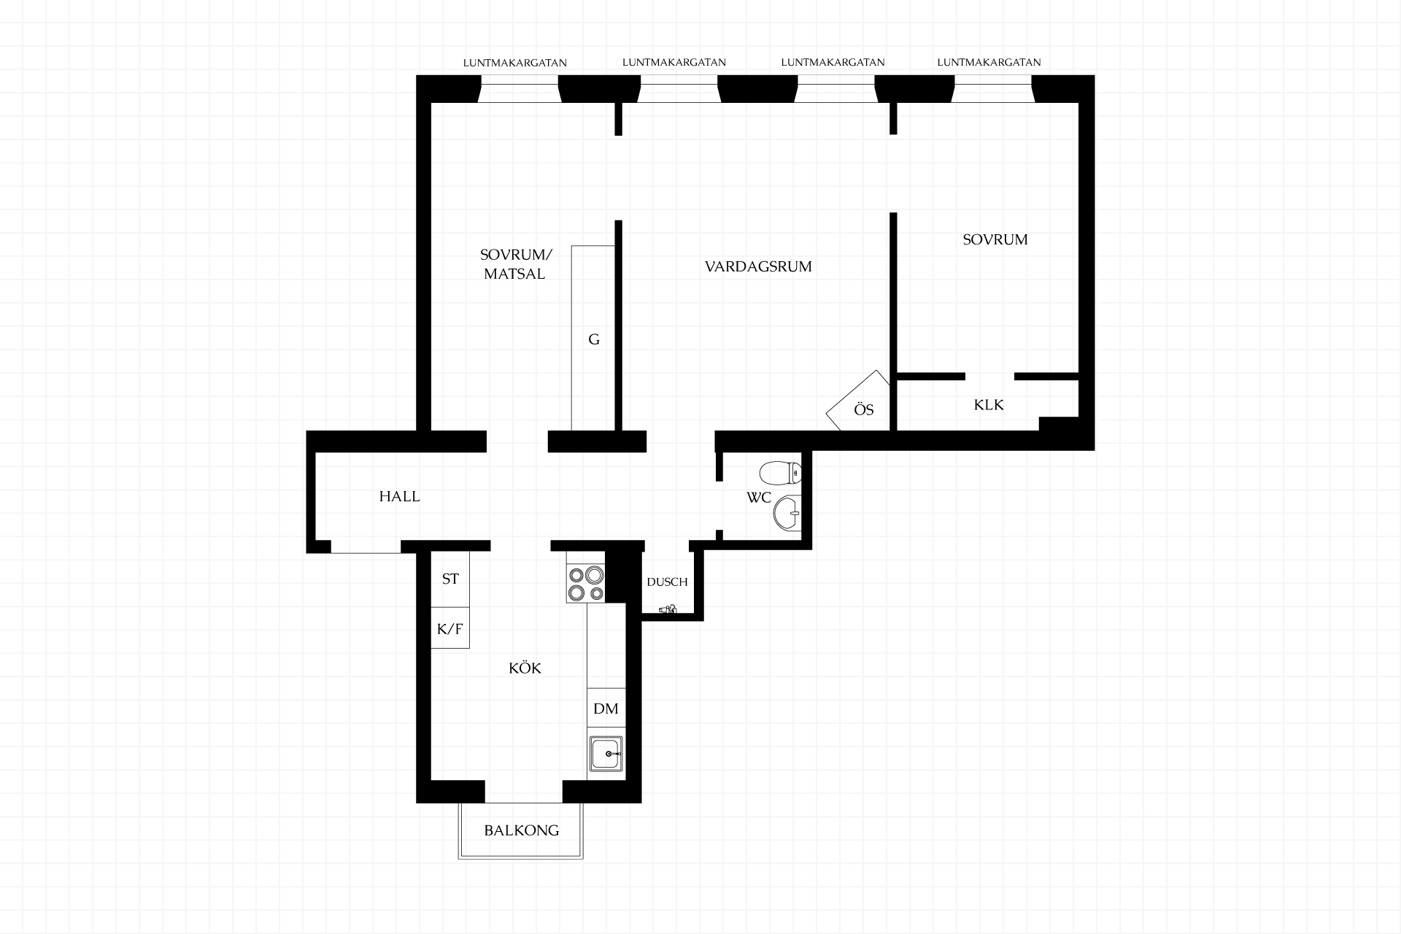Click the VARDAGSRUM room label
coord(758,266)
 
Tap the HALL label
coord(399,496)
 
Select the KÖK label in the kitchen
coord(525,668)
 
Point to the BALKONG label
coord(521,830)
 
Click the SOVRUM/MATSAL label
coord(516,264)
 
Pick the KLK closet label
coord(989,404)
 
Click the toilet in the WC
coord(780,474)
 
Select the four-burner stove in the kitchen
coord(586,584)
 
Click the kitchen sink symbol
coord(606,753)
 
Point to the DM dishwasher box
coord(606,708)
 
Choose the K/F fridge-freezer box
coord(450,628)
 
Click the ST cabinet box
coord(450,579)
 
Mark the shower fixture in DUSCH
coord(668,609)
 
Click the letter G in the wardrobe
coord(594,339)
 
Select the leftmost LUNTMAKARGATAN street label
coord(515,63)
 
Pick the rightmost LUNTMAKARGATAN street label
coord(989,63)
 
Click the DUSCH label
coord(667,582)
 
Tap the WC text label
coord(759,498)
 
